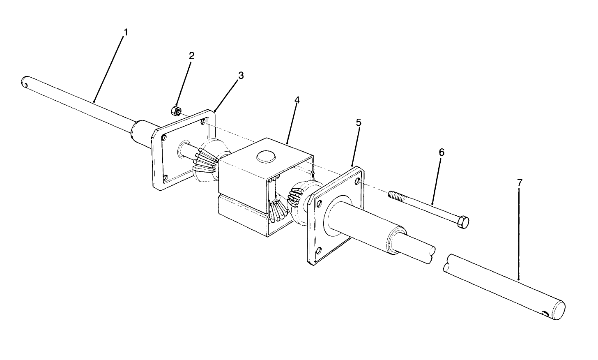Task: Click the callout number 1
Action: [126, 32]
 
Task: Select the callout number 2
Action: [192, 56]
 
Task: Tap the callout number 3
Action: [241, 76]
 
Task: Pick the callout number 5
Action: [359, 122]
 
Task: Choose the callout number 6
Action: [442, 152]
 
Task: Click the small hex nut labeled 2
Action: [175, 111]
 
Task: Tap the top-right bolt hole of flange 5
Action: [359, 181]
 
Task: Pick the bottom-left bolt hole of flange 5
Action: [319, 250]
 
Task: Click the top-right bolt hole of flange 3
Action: [204, 121]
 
